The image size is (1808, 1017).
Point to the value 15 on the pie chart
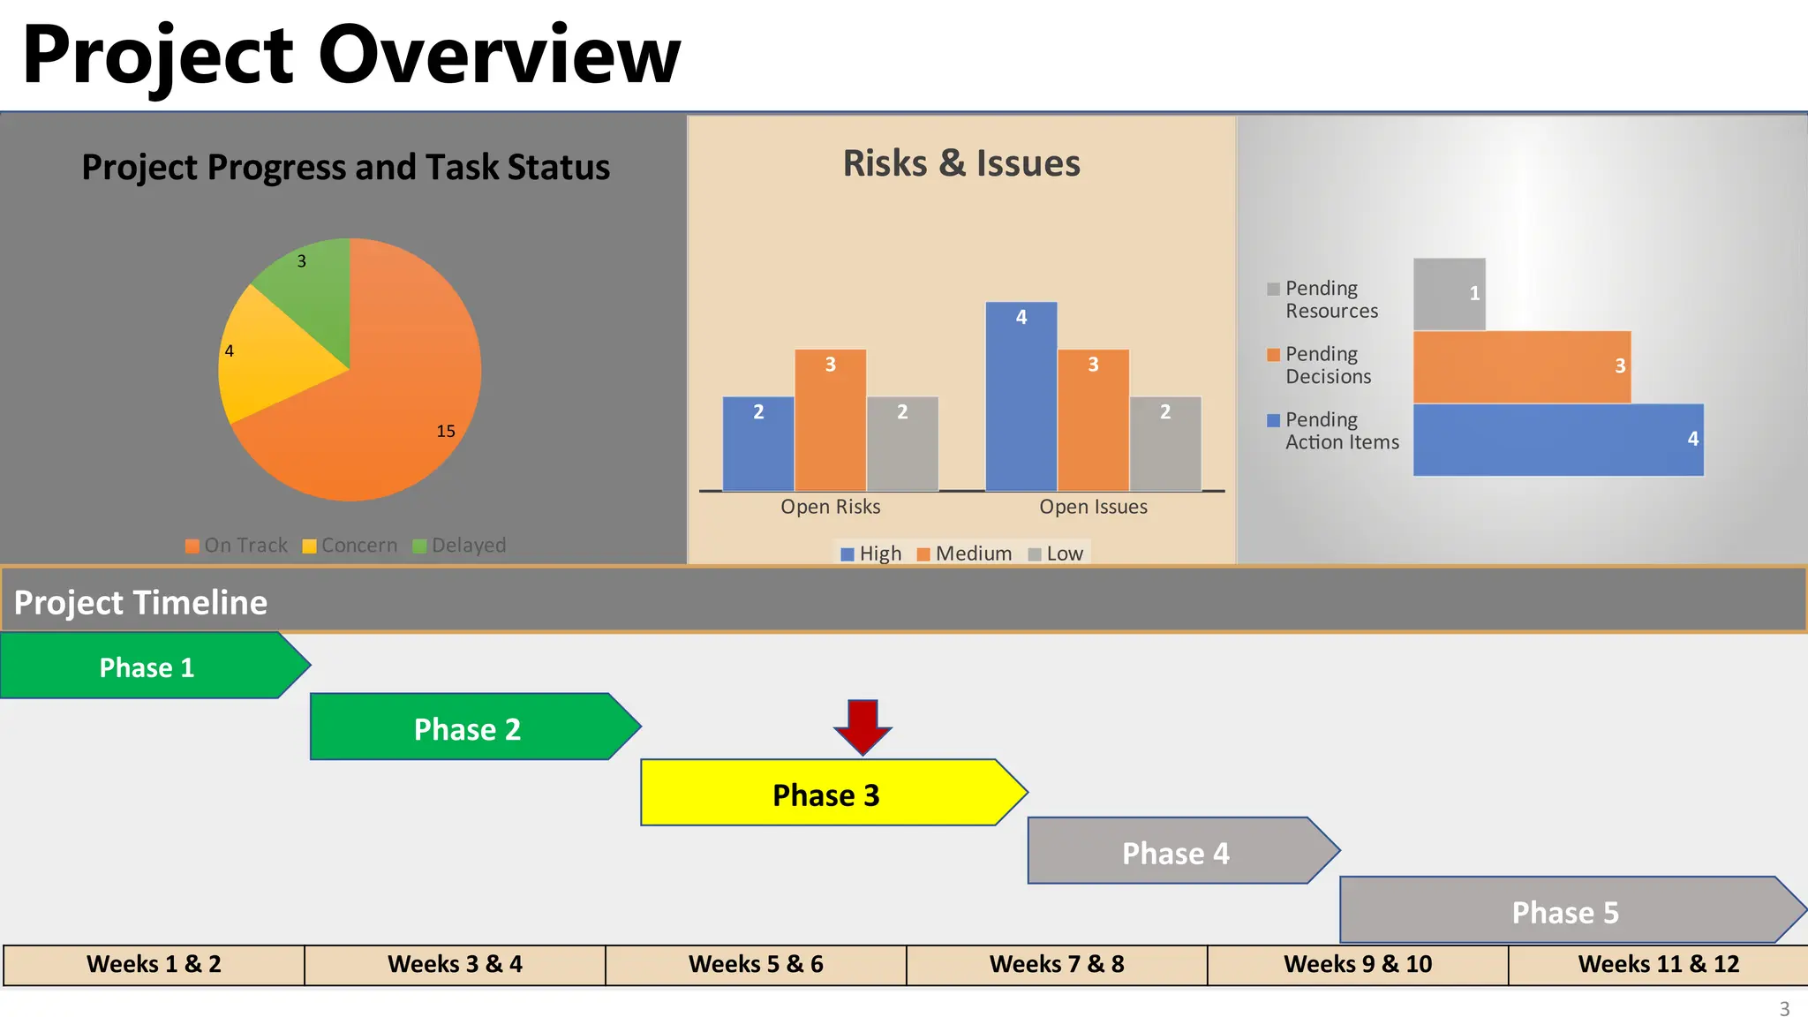[x=446, y=431]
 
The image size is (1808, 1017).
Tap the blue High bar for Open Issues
[x=1021, y=397]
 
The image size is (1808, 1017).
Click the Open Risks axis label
[x=830, y=507]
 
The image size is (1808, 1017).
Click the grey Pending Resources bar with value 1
[x=1449, y=294]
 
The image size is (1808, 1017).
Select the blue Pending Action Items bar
[x=1558, y=440]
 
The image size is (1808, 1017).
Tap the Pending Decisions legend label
[x=1327, y=365]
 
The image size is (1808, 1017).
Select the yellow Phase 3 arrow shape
[x=825, y=794]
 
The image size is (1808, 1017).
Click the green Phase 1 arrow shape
[x=147, y=667]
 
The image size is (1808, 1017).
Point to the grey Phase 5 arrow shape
[x=1564, y=911]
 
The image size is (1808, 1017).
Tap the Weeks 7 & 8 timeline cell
[x=1057, y=964]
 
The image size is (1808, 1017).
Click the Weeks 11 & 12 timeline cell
[x=1658, y=964]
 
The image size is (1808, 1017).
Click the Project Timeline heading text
[x=140, y=602]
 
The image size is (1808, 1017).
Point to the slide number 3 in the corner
[x=1784, y=1008]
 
